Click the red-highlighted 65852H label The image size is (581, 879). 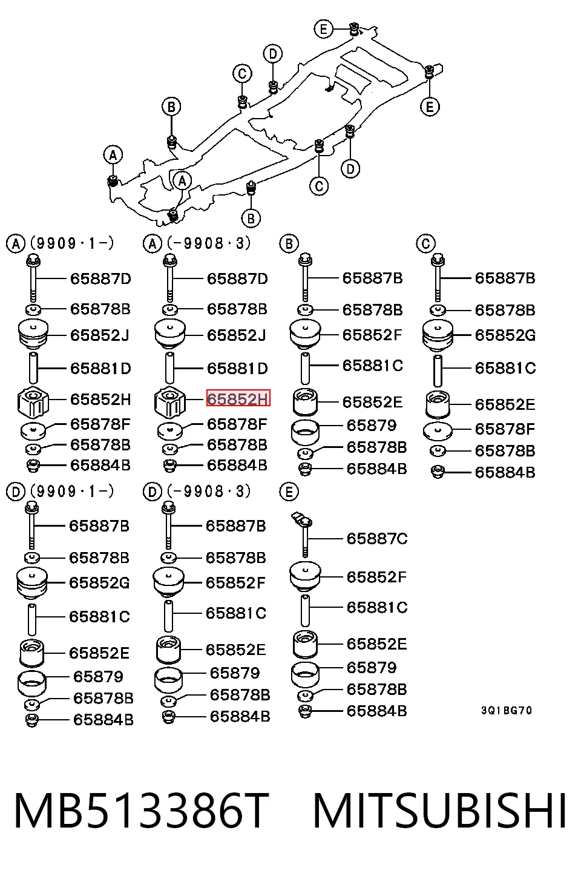coord(238,398)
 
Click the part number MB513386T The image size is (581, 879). coord(142,811)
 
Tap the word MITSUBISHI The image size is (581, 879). coord(440,811)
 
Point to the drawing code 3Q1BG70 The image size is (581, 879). coord(507,710)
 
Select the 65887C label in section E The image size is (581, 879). coord(377,538)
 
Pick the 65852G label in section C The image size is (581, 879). coord(505,335)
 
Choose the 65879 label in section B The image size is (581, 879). coord(372,426)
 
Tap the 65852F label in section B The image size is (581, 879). coord(372,335)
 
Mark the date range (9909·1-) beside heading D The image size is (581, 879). coord(72,491)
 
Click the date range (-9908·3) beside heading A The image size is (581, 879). coord(209,243)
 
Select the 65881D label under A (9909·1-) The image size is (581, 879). coord(100,369)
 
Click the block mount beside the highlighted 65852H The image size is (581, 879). coord(169,402)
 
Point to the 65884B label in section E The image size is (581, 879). coord(376,711)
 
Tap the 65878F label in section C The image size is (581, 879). coord(505,429)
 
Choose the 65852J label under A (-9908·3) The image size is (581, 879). coord(236,335)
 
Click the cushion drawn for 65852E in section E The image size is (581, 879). coord(305,644)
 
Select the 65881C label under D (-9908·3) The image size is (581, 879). coord(236,613)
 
